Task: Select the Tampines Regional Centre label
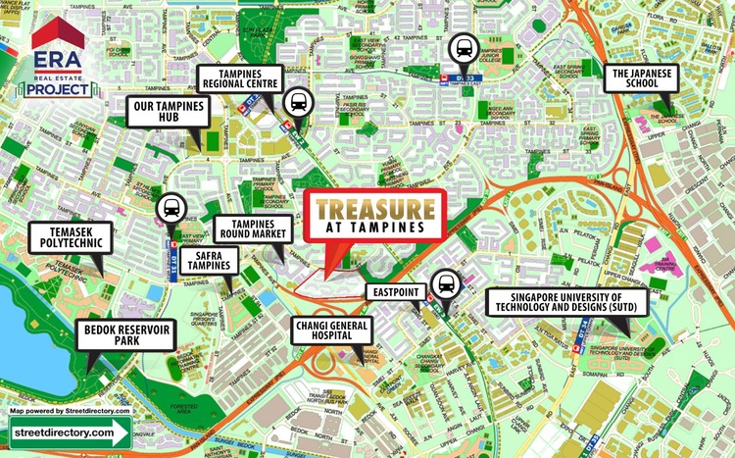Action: tap(240, 78)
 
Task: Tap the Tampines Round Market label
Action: tap(250, 229)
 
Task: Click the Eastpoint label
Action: tap(398, 291)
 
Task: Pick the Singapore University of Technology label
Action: tap(566, 302)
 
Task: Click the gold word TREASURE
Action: tap(373, 209)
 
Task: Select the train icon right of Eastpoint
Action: tap(448, 284)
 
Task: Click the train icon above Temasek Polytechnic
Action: tap(171, 208)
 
